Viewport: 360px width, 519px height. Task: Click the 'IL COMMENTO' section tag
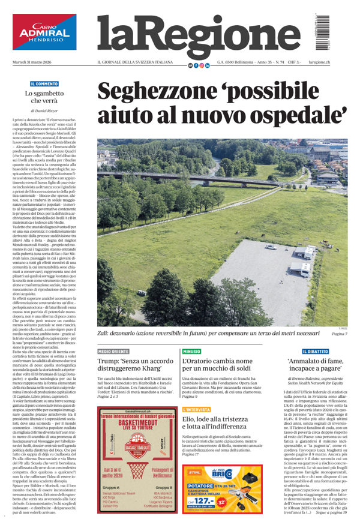pos(44,84)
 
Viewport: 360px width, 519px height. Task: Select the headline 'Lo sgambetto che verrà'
pos(44,97)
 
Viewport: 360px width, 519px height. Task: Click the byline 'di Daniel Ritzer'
pos(44,112)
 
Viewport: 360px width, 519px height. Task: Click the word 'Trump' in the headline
pos(110,362)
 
